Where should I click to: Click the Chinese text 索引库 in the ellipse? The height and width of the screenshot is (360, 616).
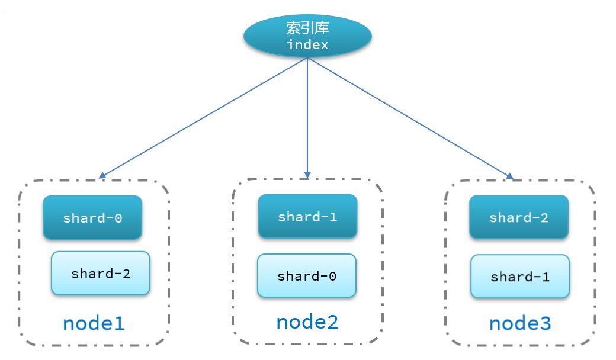click(x=307, y=28)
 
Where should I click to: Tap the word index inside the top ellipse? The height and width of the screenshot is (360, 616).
click(x=307, y=44)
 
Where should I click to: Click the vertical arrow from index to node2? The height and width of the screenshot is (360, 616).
click(x=307, y=118)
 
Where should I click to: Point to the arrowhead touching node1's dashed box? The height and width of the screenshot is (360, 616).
click(x=102, y=175)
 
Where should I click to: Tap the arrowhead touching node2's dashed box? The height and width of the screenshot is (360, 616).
click(x=307, y=175)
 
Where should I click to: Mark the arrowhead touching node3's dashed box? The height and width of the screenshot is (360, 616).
click(x=509, y=175)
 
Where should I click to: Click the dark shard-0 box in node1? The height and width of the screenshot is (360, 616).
click(x=92, y=217)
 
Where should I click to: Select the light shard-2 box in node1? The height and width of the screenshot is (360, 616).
click(x=100, y=273)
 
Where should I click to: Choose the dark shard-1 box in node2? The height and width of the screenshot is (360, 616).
click(x=307, y=217)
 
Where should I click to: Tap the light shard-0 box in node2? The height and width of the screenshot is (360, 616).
click(x=306, y=275)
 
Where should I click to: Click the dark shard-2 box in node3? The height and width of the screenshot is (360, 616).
click(x=519, y=217)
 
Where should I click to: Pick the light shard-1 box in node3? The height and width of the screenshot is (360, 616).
click(x=519, y=277)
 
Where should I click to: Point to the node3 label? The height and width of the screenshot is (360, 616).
click(x=519, y=323)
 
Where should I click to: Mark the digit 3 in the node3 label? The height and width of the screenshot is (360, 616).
click(x=544, y=323)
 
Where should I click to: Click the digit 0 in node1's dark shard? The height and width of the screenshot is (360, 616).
click(x=118, y=217)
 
